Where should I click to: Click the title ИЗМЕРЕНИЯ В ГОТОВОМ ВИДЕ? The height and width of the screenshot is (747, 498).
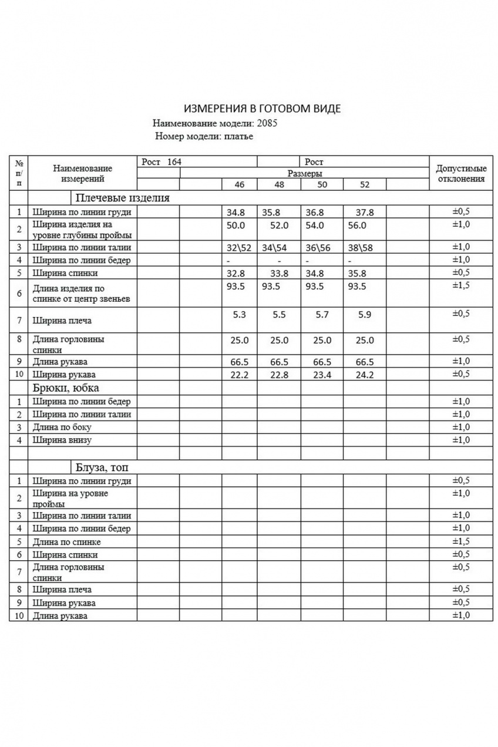(262, 109)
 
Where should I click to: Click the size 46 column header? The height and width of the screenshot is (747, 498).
(239, 184)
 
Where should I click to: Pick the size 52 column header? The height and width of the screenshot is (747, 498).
(365, 184)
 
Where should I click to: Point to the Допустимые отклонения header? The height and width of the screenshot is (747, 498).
(461, 173)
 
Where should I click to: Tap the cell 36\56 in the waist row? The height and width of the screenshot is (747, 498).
(318, 247)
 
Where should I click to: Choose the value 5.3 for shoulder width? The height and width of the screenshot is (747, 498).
(239, 315)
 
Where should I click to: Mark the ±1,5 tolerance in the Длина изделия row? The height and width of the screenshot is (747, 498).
(461, 285)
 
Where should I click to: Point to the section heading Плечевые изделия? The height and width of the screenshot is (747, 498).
(122, 198)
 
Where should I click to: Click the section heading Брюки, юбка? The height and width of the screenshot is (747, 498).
(66, 388)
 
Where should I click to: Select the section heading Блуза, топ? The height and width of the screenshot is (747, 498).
(102, 467)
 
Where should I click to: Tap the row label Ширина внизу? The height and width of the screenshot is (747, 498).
(62, 440)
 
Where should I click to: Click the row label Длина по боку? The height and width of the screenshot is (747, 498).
(62, 427)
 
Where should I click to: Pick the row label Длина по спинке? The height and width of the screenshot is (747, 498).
(67, 541)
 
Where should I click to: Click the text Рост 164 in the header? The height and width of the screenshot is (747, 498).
(161, 161)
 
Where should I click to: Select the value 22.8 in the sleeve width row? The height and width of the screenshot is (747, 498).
(279, 375)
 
